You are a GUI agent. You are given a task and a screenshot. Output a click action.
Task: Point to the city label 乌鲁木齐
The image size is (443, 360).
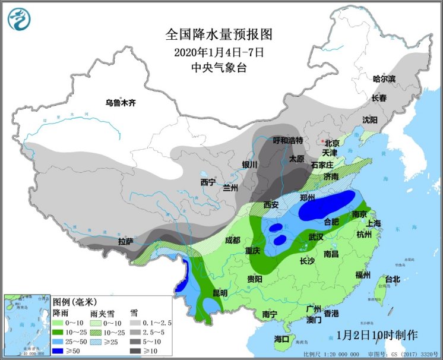[121, 102]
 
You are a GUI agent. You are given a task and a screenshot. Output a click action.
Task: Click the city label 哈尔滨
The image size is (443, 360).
[384, 78]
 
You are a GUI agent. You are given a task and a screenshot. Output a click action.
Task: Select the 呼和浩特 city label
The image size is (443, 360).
[287, 141]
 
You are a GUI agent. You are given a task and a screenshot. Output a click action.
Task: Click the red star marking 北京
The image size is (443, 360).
[322, 141]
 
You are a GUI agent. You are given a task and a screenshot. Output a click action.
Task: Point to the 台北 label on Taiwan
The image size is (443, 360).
[393, 279]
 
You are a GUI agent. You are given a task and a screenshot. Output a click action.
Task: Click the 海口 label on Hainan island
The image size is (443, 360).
[281, 339]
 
